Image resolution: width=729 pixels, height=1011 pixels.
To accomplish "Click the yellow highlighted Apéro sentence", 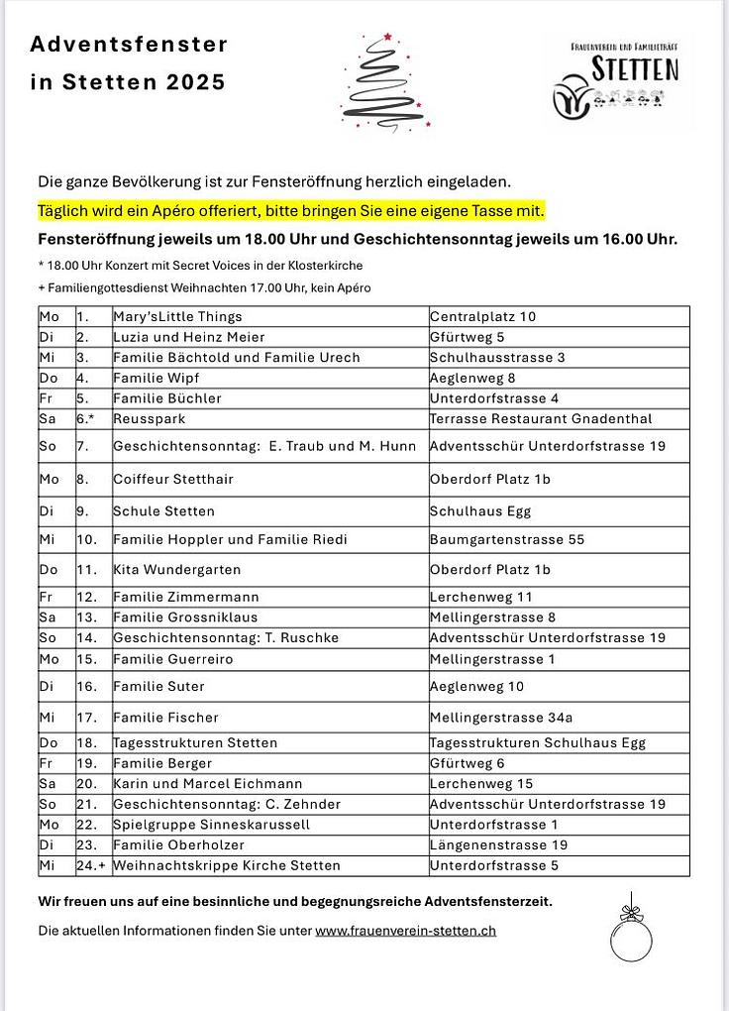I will [291, 211].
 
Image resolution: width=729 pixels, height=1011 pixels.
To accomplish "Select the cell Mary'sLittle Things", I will [178, 317].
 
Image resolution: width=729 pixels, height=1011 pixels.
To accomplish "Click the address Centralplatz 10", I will [482, 317].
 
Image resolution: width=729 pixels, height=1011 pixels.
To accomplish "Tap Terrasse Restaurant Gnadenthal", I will [541, 419].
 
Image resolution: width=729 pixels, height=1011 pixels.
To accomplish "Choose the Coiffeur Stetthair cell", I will [173, 480].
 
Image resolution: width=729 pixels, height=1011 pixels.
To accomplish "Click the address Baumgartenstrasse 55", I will [507, 540].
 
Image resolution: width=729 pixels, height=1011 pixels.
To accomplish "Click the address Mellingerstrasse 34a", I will [501, 718].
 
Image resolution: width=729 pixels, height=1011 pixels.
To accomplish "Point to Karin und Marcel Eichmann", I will [208, 784].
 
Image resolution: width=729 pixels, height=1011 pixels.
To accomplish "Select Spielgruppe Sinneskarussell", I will [212, 825].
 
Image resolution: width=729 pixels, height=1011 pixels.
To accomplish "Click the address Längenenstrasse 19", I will [498, 845].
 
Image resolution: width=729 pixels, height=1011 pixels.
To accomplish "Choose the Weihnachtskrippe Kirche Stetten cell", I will [227, 866].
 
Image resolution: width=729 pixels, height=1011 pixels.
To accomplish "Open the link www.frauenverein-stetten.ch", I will [405, 931].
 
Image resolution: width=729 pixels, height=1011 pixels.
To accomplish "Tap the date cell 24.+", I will [91, 866].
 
